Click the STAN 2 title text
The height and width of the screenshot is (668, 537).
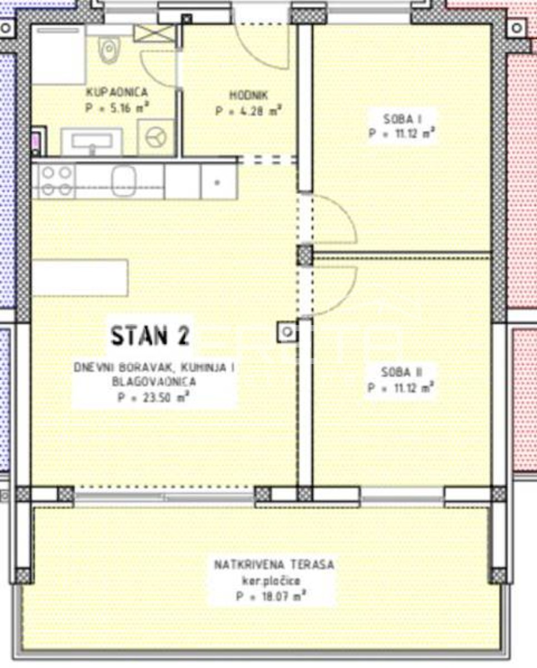tap(151, 336)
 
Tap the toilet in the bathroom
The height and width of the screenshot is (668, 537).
tap(109, 50)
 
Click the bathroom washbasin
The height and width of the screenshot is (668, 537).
tap(92, 142)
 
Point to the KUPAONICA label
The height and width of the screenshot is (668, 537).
tap(117, 92)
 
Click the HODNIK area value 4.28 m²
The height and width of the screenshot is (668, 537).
tap(248, 111)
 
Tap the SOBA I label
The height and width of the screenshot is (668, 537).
tap(402, 119)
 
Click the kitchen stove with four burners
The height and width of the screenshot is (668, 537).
tap(57, 181)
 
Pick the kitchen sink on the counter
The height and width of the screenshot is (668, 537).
tap(124, 181)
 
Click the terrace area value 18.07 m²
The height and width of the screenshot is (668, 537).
tap(272, 596)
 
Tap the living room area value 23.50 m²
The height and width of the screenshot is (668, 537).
tap(154, 397)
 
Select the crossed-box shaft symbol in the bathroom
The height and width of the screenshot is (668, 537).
tap(155, 33)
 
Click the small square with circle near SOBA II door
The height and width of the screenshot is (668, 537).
tap(287, 332)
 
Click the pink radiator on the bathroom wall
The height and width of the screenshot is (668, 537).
tap(36, 142)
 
